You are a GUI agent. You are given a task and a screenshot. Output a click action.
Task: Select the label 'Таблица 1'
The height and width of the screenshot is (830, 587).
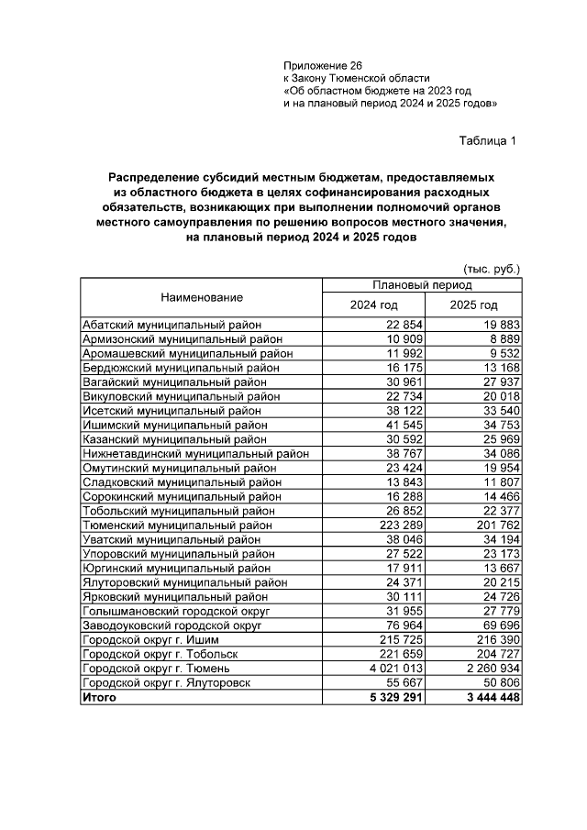(488, 140)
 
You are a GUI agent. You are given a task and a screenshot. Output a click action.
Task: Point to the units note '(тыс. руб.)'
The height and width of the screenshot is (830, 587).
(493, 269)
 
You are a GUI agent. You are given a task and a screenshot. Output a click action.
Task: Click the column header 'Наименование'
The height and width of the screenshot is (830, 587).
(202, 297)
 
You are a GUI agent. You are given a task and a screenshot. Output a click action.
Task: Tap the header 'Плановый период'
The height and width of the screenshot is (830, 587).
(422, 285)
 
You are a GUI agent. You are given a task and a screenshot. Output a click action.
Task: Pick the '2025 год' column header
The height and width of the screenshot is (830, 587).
(473, 305)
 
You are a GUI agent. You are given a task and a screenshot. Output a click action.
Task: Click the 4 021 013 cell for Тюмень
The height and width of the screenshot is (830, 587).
(370, 668)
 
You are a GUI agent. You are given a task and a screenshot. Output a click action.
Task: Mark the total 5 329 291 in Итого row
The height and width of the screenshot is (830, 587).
(370, 697)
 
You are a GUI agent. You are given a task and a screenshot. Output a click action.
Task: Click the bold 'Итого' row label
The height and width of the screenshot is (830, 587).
(99, 697)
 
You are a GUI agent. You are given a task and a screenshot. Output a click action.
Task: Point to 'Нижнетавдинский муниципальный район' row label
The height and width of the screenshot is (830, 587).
(195, 453)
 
